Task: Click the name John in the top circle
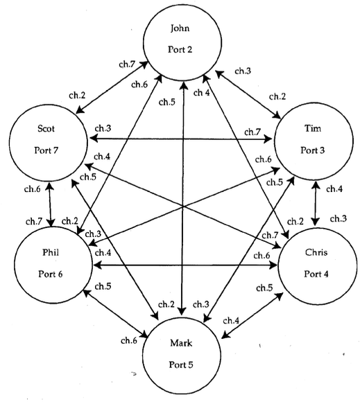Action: [x=182, y=28]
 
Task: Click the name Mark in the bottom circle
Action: [x=182, y=343]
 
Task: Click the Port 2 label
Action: [x=182, y=50]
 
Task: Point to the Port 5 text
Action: [x=182, y=365]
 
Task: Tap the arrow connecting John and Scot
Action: [x=112, y=87]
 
